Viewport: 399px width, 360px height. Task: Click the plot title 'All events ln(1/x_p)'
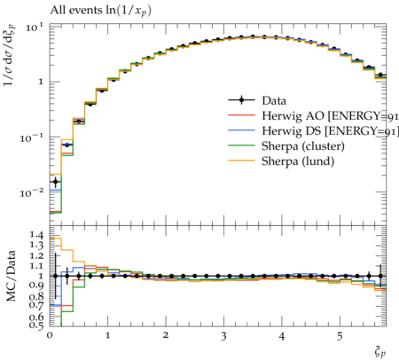coord(100,11)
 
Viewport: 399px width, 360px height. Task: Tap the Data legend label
coord(274,101)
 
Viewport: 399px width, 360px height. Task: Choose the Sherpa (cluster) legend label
coord(303,146)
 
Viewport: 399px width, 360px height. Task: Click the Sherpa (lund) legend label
coord(298,161)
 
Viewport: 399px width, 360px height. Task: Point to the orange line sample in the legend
coord(241,160)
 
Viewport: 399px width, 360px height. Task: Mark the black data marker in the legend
coord(241,100)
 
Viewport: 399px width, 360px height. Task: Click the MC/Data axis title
coord(12,276)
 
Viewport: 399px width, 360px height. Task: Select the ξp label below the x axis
coord(380,351)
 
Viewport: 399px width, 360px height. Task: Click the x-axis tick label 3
coord(223,336)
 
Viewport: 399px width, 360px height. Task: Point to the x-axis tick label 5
coord(340,336)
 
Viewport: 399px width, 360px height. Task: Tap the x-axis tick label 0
coord(50,335)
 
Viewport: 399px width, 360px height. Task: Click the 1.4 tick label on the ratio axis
coord(36,235)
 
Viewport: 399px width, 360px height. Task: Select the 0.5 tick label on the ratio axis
coord(36,325)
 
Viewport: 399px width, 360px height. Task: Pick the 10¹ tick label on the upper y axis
coord(35,27)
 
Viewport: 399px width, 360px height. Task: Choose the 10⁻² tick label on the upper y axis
coord(31,193)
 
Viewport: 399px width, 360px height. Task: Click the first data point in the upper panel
coord(55,182)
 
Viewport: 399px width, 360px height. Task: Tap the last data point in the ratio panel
coord(380,276)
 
